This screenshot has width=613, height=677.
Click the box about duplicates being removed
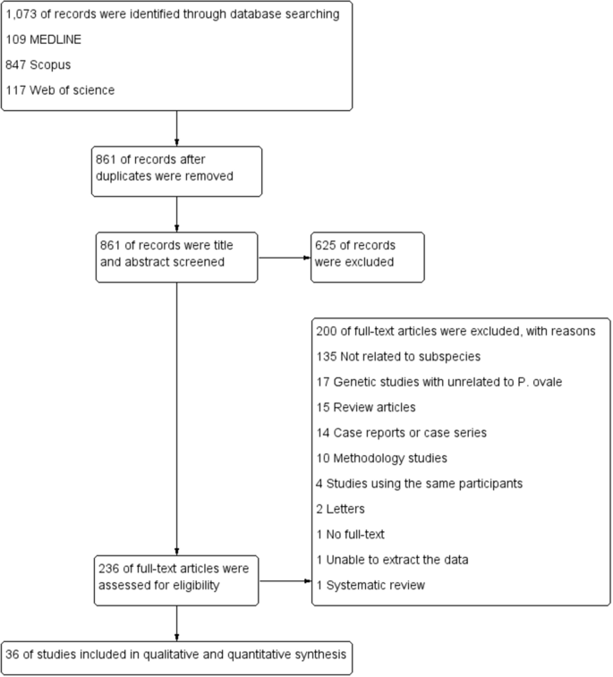pyautogui.click(x=176, y=169)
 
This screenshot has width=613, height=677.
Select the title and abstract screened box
pyautogui.click(x=176, y=257)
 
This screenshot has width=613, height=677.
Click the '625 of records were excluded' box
pyautogui.click(x=367, y=257)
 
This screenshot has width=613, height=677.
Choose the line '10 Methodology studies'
pyautogui.click(x=381, y=458)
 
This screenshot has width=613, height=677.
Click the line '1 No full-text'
pyautogui.click(x=352, y=535)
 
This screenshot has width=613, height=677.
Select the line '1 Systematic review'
pyautogui.click(x=370, y=586)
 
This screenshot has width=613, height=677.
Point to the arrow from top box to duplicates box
pyautogui.click(x=177, y=127)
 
